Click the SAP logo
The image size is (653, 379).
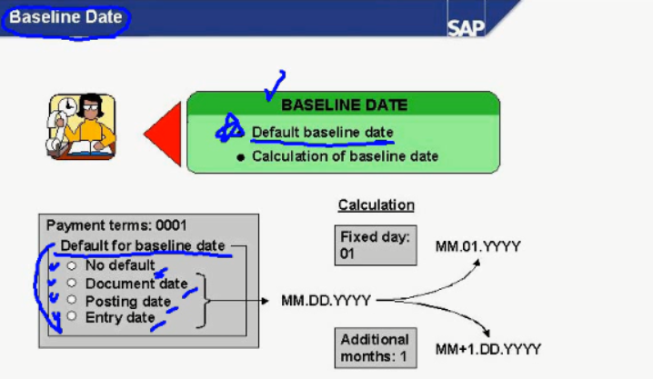coord(466,25)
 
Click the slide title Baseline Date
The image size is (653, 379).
coord(64,18)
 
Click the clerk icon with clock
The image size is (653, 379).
coord(82,125)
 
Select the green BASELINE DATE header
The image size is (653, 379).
coord(344,105)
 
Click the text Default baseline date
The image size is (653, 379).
coord(322,133)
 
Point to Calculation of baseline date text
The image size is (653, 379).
coord(345,156)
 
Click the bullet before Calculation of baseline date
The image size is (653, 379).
coord(240,157)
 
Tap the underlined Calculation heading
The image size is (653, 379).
coord(376,205)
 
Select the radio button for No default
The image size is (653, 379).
coord(71,265)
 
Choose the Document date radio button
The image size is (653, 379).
coord(71,283)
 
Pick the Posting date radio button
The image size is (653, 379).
coord(71,299)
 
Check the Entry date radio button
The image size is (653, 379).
coord(71,315)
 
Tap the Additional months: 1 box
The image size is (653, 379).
coord(375,348)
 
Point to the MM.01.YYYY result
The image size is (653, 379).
coord(477,246)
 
